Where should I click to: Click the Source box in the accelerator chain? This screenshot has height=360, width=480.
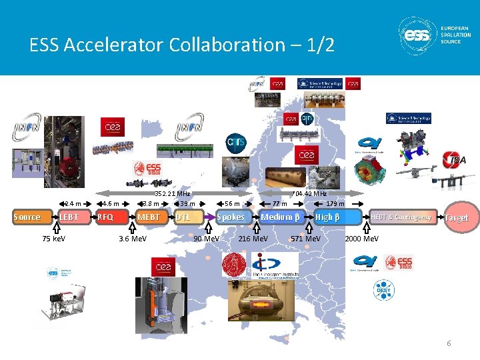[x=27, y=217]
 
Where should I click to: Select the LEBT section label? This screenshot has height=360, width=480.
[x=68, y=217]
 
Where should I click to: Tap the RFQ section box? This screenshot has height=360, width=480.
[x=106, y=217]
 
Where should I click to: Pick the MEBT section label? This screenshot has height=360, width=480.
[x=149, y=217]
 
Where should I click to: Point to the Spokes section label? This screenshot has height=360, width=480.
[x=231, y=217]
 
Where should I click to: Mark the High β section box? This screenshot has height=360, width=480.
[x=328, y=217]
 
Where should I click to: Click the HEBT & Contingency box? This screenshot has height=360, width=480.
[x=401, y=217]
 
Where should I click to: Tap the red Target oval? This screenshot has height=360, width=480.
[x=457, y=217]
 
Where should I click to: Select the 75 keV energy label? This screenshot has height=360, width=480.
[x=54, y=238]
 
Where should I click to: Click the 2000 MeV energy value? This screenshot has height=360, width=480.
[x=362, y=238]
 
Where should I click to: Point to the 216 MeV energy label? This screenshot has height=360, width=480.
[x=253, y=238]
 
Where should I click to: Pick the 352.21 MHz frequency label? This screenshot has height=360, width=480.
[x=172, y=194]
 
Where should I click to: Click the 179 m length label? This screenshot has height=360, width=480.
[x=335, y=204]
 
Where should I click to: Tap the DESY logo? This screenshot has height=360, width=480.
[x=381, y=289]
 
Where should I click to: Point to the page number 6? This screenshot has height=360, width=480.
[x=449, y=343]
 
